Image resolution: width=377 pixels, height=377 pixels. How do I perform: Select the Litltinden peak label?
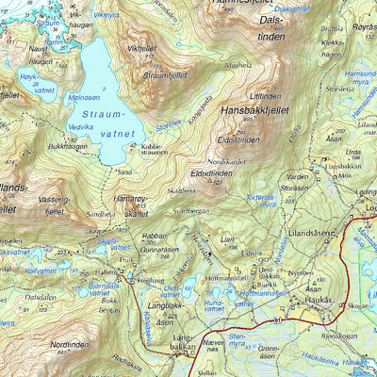266,96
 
